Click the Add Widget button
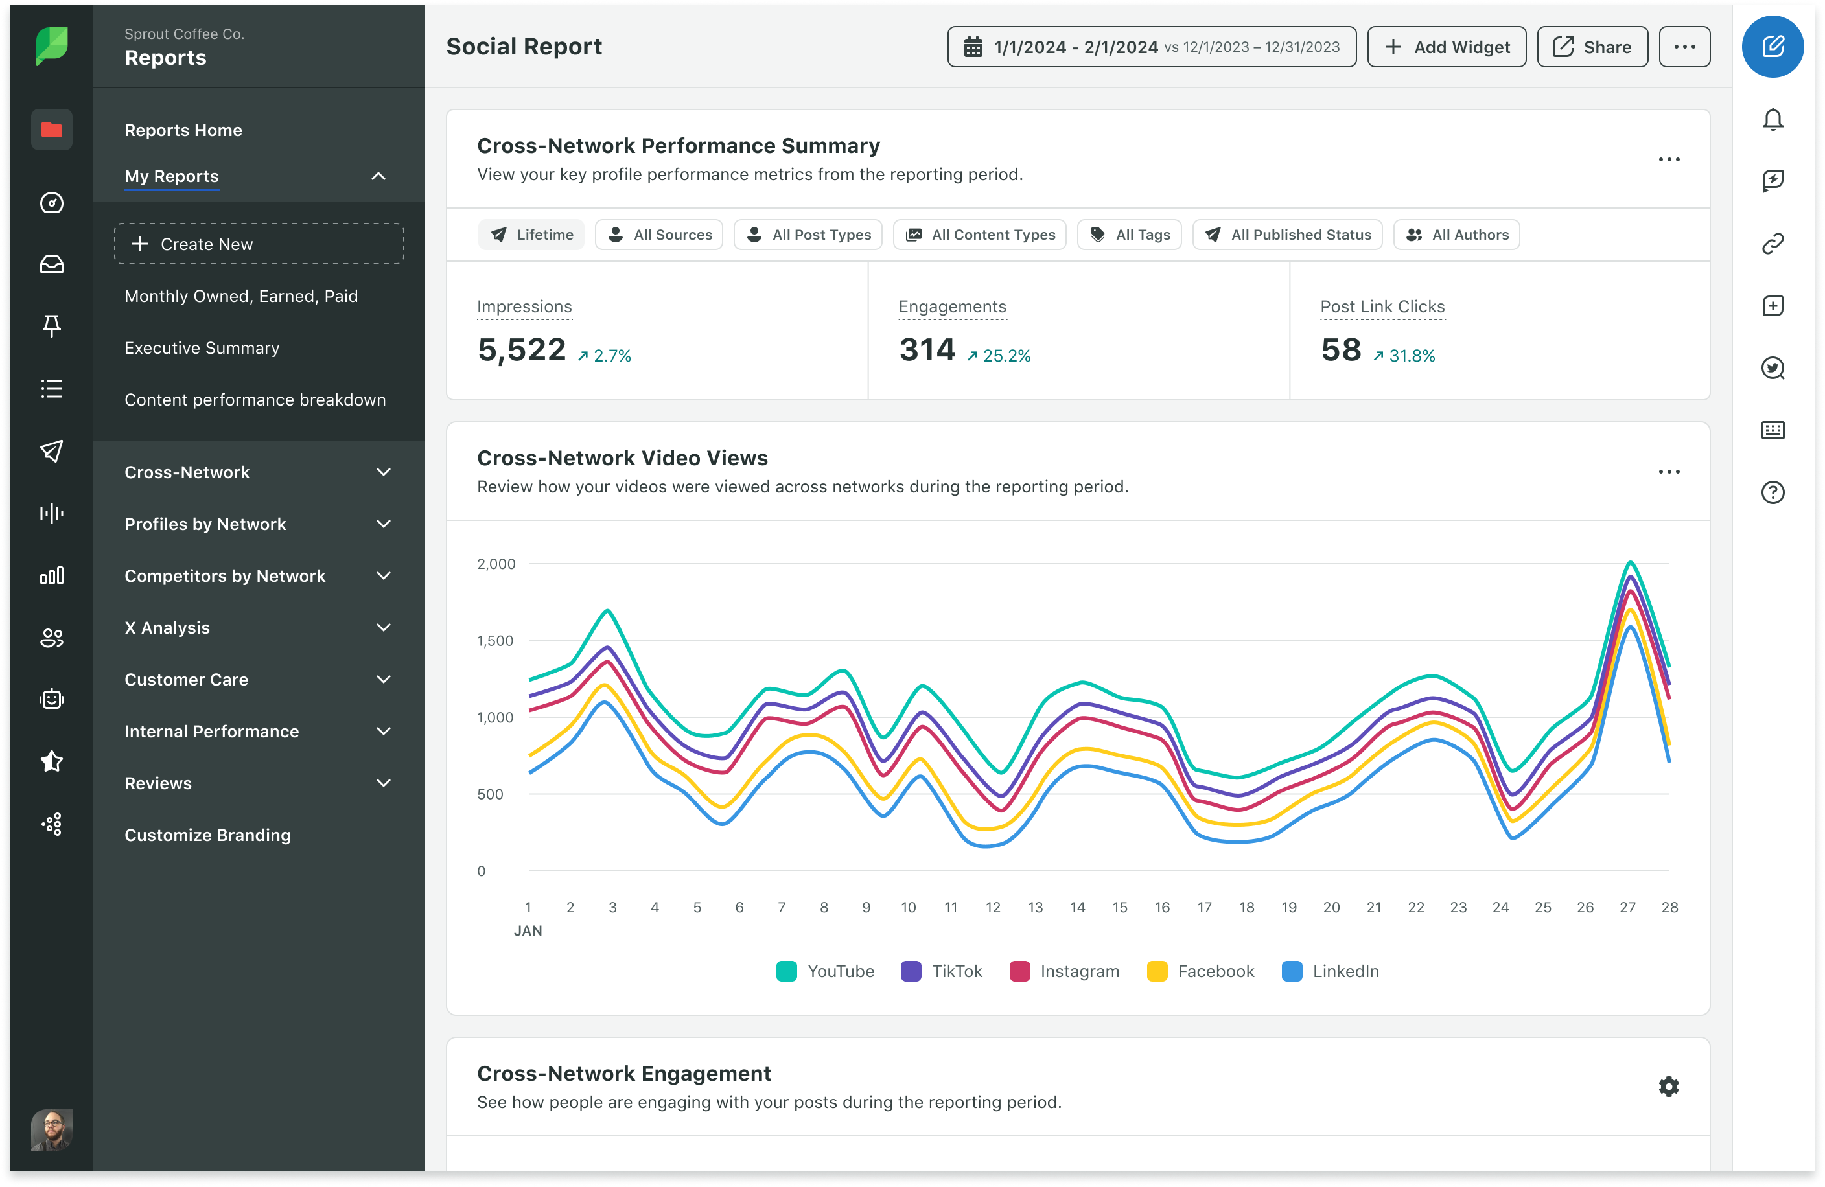click(1447, 47)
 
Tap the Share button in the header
click(1592, 47)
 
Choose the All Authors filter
click(1456, 235)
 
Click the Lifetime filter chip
click(531, 235)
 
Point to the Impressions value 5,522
click(522, 350)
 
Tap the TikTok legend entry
click(942, 971)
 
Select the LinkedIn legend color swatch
click(1292, 971)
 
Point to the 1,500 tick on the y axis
click(495, 640)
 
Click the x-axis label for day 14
click(1077, 907)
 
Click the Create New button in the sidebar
click(259, 244)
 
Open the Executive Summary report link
click(202, 347)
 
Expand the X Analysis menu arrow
click(384, 627)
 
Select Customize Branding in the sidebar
click(208, 835)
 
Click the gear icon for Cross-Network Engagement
click(1669, 1086)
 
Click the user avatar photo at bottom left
click(51, 1129)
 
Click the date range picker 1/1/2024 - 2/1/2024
click(1151, 47)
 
